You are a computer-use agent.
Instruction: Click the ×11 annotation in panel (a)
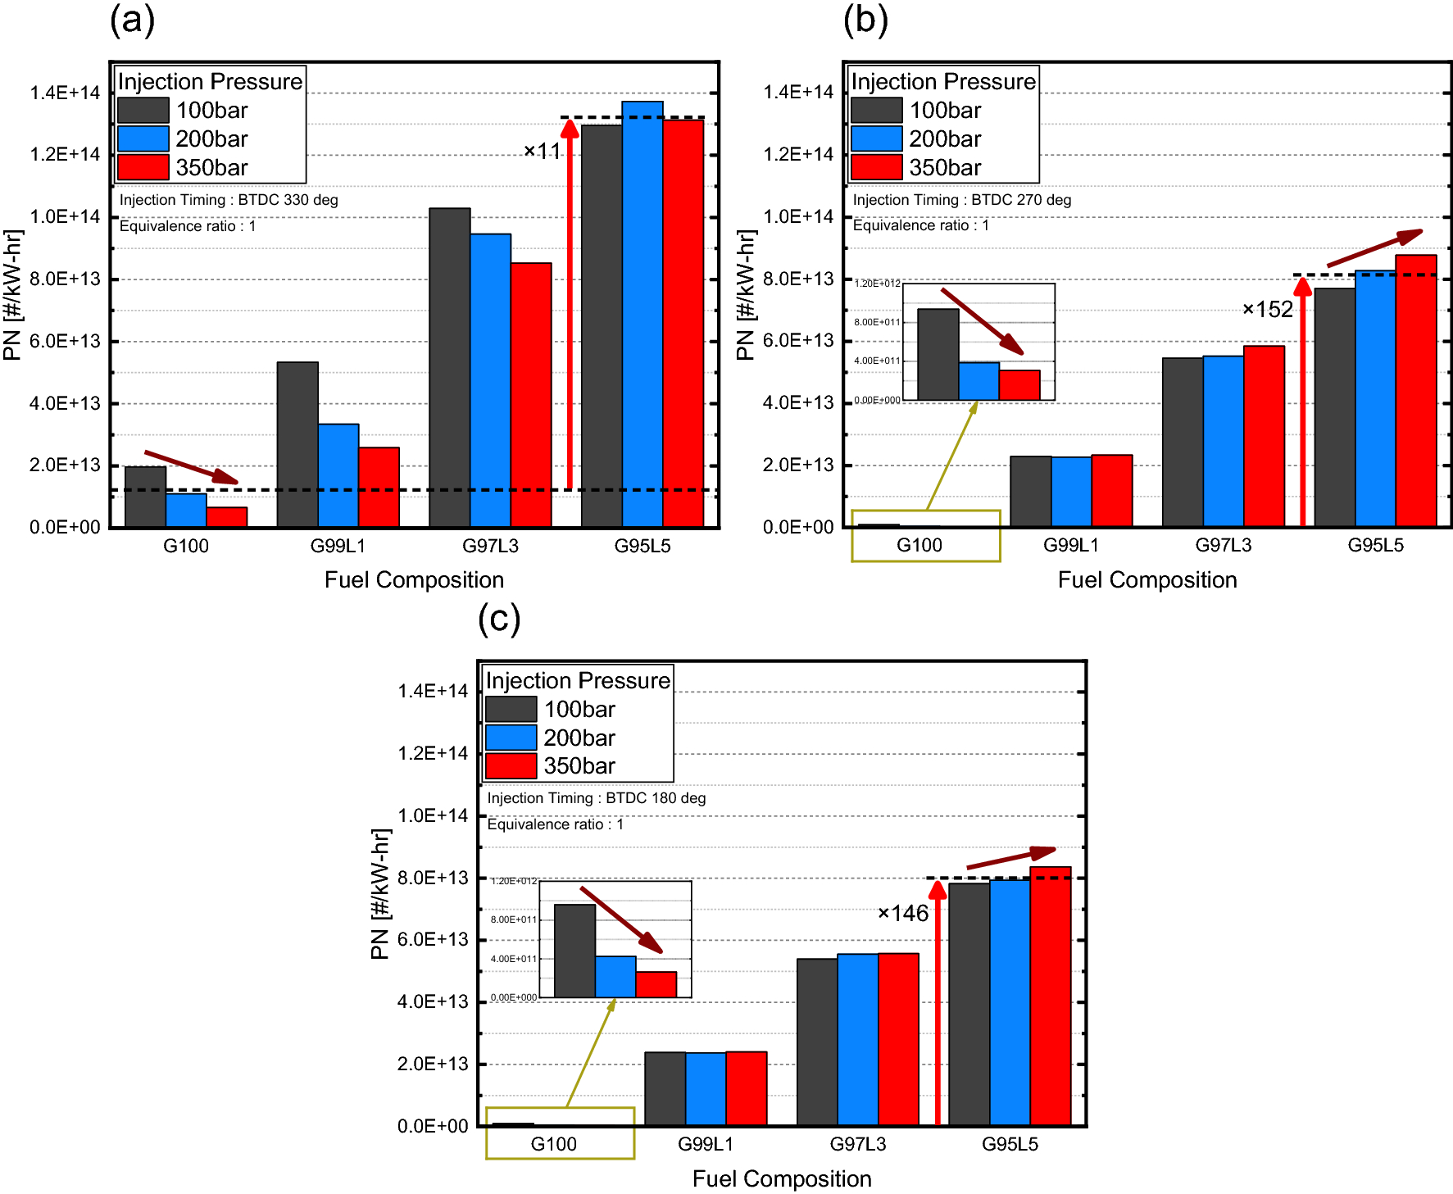(543, 152)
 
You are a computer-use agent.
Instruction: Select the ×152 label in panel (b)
(1267, 310)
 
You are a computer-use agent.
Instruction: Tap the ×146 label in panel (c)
(902, 914)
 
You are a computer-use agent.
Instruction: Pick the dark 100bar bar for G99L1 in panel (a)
(297, 444)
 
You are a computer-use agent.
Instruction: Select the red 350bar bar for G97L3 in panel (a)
(531, 394)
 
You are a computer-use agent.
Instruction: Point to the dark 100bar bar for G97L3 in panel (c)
(816, 1042)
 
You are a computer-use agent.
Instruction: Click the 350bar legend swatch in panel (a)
(143, 167)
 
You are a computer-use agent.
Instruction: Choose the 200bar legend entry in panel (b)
(944, 139)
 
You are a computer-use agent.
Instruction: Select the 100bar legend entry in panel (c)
(579, 710)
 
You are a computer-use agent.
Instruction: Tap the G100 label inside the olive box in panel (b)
(919, 546)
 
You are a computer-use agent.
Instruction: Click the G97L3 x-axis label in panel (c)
(857, 1144)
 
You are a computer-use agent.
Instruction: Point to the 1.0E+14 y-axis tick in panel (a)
(65, 217)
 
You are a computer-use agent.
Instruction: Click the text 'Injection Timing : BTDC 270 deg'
(961, 200)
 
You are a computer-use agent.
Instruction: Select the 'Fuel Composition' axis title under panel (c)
(781, 1178)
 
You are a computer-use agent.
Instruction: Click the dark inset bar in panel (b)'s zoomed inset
(938, 354)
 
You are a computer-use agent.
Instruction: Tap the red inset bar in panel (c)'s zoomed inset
(656, 984)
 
